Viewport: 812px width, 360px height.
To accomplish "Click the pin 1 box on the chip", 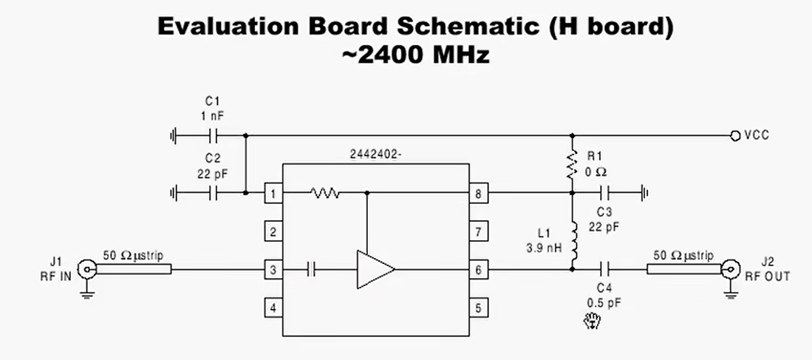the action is [x=273, y=194].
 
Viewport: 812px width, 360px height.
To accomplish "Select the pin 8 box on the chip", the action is [x=478, y=194].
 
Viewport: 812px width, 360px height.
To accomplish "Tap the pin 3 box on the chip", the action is [x=273, y=270].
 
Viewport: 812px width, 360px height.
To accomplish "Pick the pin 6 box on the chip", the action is [x=478, y=270].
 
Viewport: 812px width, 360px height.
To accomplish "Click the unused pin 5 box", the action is [x=478, y=308].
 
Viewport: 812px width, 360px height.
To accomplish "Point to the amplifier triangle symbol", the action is [x=373, y=270].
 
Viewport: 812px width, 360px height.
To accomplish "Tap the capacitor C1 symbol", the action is [x=214, y=136].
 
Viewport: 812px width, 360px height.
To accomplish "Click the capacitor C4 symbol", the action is [x=606, y=270].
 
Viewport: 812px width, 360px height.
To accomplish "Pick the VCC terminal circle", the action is [x=735, y=136].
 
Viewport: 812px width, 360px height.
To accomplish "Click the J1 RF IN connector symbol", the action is [x=87, y=270].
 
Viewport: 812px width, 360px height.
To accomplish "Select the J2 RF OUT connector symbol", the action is [x=731, y=270].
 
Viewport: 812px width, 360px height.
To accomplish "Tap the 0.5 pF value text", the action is [x=604, y=302].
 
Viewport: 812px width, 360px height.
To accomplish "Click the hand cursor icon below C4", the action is [x=591, y=322].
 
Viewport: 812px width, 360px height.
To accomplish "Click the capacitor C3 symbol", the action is [x=607, y=194].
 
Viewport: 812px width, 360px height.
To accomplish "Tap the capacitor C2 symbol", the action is [x=214, y=194].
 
